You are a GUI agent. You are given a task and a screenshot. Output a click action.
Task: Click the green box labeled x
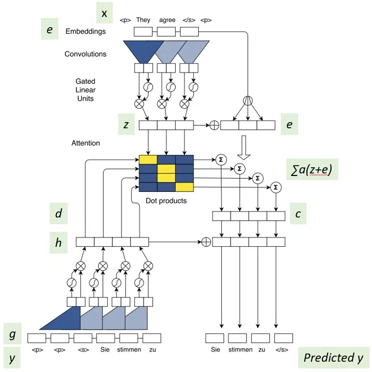click(104, 13)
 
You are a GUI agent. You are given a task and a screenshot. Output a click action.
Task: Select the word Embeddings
click(86, 31)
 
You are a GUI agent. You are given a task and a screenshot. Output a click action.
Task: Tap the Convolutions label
click(86, 54)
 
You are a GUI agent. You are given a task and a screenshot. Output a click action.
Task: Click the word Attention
click(86, 143)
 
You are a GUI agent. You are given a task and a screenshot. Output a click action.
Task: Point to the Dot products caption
click(166, 201)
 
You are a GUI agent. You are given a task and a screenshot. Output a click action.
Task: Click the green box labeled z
click(126, 125)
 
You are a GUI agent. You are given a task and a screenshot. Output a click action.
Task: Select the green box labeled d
click(59, 214)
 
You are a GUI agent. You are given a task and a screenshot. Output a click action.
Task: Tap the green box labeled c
click(298, 214)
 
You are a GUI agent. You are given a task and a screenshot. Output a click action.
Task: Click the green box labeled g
click(13, 334)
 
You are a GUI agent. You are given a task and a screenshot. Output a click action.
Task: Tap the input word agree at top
click(167, 20)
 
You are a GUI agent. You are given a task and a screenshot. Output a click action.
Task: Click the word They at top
click(143, 20)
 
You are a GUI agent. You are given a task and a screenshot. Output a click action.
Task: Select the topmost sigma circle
click(222, 158)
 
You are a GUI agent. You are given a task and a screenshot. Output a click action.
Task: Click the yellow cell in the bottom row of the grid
click(185, 187)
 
